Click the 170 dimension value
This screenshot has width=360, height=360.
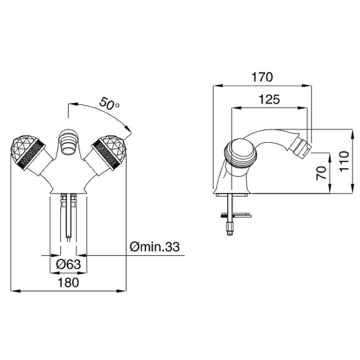point(262,78)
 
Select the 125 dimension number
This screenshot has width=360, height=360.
point(269,99)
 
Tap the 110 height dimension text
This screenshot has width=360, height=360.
point(344,161)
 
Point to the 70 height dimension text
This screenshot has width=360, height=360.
point(321,173)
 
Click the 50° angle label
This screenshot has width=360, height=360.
point(109,103)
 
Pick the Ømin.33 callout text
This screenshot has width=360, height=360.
point(155,247)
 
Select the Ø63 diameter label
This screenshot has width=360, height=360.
point(68,264)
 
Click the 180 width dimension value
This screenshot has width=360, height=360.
point(68,282)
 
